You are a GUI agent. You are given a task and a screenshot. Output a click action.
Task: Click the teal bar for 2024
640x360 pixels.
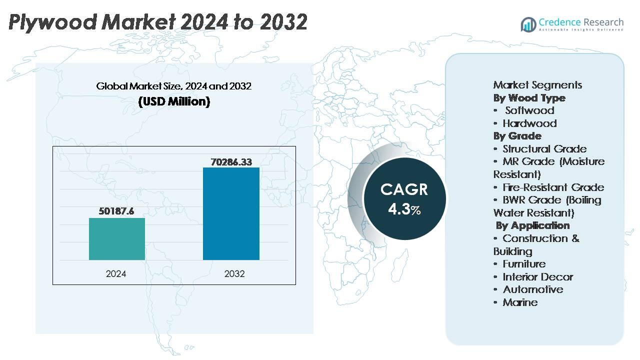click(117, 239)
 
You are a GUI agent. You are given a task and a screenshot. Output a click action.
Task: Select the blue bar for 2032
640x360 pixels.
click(231, 213)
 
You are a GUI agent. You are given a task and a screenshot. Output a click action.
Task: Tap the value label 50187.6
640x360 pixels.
click(117, 211)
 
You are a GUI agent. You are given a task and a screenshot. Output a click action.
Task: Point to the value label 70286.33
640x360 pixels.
click(231, 161)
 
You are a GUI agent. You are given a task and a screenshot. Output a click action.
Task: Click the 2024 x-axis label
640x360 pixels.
click(116, 274)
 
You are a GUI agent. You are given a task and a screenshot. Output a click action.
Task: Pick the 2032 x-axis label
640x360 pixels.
click(234, 274)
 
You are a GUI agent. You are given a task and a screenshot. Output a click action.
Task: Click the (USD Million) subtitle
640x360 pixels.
click(174, 101)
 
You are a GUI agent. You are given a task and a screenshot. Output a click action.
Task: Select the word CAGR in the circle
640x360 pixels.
click(404, 189)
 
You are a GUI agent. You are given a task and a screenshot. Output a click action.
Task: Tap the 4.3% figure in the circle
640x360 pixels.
click(404, 209)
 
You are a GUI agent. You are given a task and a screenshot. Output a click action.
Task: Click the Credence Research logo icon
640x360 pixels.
click(528, 24)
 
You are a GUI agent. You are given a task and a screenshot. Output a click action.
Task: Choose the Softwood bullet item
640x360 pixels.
click(529, 110)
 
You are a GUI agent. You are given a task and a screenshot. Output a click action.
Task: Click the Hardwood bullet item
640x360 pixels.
click(529, 123)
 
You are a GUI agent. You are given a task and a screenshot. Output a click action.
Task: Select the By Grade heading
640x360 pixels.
click(517, 136)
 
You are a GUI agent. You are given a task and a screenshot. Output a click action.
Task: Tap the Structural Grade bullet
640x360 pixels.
click(544, 149)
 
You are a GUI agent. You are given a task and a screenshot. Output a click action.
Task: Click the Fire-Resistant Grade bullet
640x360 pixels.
click(552, 187)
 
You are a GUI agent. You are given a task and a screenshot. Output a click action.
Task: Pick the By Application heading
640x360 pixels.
click(533, 225)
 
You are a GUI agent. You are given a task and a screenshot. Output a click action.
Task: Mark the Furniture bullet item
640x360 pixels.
click(524, 264)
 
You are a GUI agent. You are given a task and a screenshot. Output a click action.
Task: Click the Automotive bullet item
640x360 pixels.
click(532, 289)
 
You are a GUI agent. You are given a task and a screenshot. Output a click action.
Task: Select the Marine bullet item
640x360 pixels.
click(520, 302)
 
